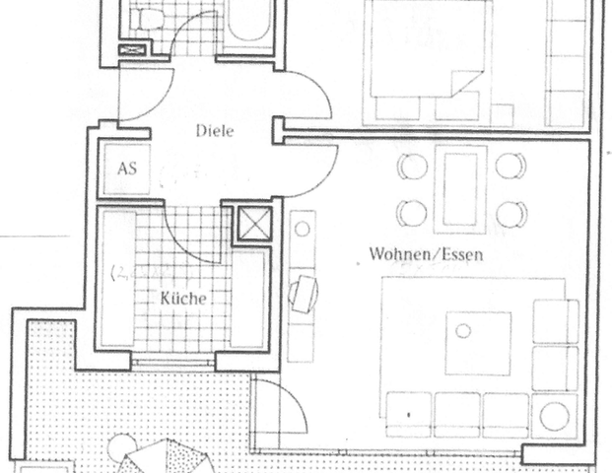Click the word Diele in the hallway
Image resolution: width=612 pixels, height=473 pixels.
[214, 132]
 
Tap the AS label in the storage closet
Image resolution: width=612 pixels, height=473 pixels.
[126, 168]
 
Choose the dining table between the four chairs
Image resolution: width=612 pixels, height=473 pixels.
[460, 189]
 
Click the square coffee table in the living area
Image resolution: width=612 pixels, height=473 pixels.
[478, 343]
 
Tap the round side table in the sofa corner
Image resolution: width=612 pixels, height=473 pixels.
[555, 417]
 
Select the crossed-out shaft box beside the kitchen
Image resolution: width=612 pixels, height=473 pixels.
[250, 226]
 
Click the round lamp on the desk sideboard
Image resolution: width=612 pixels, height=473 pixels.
[303, 229]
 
